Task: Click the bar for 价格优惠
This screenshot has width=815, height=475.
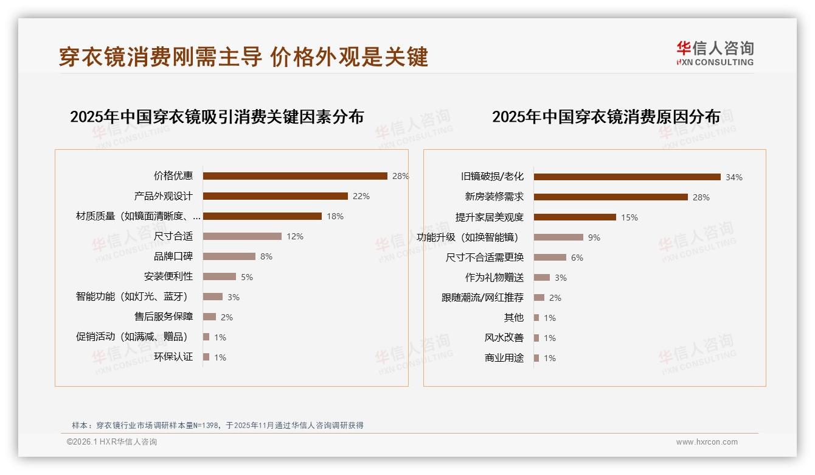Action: pos(295,176)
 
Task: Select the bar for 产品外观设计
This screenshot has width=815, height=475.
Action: pos(275,196)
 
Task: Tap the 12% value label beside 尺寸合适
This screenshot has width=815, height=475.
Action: pos(295,236)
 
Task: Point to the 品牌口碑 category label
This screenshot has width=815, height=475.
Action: pos(173,256)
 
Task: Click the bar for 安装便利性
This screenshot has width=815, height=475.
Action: pos(219,276)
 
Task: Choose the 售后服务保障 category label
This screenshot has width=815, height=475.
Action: pos(163,317)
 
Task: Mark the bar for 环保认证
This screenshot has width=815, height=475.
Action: pos(206,357)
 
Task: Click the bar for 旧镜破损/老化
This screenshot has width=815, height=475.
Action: pos(627,177)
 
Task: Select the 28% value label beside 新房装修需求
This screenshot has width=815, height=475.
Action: pos(701,197)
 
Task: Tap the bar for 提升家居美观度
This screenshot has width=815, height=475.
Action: pos(575,217)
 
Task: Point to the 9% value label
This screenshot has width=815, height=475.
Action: pos(594,237)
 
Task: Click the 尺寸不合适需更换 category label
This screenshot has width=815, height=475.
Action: pos(484,258)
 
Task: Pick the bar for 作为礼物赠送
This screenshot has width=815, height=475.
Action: pos(541,278)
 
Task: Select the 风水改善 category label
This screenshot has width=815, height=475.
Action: pos(504,338)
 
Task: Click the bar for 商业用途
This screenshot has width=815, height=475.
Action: pos(536,358)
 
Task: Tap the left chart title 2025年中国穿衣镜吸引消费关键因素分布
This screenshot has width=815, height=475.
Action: pos(217,116)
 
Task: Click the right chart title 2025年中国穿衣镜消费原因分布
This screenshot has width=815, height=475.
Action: pos(606,116)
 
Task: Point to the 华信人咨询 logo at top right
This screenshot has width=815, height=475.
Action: pos(715,54)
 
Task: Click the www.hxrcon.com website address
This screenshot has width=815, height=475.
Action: pos(707,442)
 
